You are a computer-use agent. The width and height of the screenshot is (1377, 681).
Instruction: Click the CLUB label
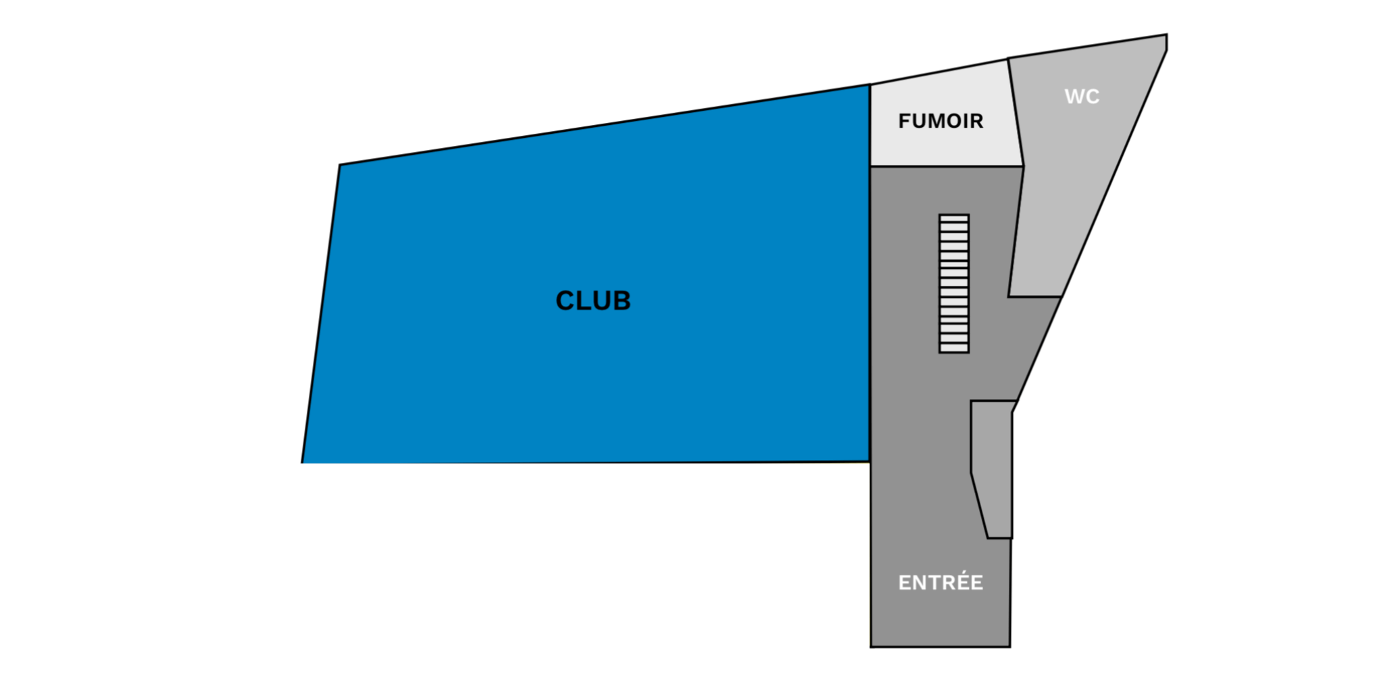(593, 301)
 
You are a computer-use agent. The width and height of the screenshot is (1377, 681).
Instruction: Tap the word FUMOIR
(941, 121)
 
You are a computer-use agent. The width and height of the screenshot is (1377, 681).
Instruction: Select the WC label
(1082, 97)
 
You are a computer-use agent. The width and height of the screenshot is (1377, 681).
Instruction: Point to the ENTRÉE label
(941, 582)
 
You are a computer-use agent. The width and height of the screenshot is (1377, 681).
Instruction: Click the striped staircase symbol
(954, 284)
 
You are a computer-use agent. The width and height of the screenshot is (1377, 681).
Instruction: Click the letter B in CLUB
(622, 301)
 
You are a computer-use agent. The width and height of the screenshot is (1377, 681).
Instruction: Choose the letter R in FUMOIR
(977, 121)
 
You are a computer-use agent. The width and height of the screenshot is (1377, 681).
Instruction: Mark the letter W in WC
(1074, 97)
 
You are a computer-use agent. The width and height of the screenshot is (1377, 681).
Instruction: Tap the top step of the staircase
(954, 219)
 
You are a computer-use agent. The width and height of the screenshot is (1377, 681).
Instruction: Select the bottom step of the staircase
(954, 348)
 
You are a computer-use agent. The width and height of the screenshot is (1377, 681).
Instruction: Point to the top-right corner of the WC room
(1167, 34)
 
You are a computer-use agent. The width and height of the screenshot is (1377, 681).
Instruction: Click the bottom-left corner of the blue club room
(302, 463)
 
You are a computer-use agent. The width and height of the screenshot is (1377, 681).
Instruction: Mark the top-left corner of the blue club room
(340, 164)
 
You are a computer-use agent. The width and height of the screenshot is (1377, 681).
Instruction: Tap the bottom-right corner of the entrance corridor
(1010, 647)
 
